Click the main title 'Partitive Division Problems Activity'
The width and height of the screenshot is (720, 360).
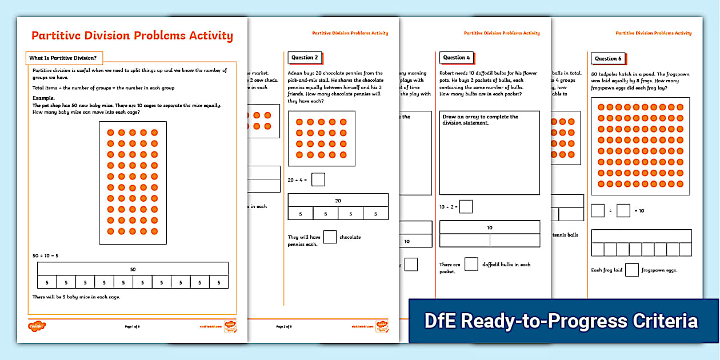pyautogui.click(x=132, y=36)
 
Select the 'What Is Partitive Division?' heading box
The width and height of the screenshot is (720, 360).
pyautogui.click(x=63, y=58)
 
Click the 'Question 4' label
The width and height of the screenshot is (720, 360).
pyautogui.click(x=456, y=58)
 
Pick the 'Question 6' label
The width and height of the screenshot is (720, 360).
pyautogui.click(x=607, y=58)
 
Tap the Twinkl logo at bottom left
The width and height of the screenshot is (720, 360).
pyautogui.click(x=37, y=326)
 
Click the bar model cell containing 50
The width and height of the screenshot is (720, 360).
pyautogui.click(x=133, y=269)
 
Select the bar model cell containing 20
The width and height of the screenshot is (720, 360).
pyautogui.click(x=338, y=201)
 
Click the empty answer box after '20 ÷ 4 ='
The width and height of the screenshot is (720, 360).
pyautogui.click(x=318, y=179)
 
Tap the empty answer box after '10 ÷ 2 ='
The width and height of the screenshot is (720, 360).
pyautogui.click(x=466, y=206)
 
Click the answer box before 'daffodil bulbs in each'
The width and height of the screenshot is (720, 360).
pyautogui.click(x=471, y=264)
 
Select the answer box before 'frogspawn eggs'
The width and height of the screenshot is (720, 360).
pyautogui.click(x=631, y=270)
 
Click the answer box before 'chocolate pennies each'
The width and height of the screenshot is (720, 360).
pyautogui.click(x=330, y=237)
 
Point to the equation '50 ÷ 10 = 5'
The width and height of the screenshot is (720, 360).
pyautogui.click(x=46, y=255)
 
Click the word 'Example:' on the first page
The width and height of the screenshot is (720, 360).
pyautogui.click(x=43, y=98)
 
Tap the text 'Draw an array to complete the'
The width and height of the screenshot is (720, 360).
pyautogui.click(x=480, y=117)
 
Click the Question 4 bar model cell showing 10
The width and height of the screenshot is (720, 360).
pyautogui.click(x=489, y=227)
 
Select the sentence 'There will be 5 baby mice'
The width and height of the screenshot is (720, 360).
pyautogui.click(x=76, y=297)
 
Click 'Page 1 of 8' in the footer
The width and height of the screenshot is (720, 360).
pyautogui.click(x=132, y=326)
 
